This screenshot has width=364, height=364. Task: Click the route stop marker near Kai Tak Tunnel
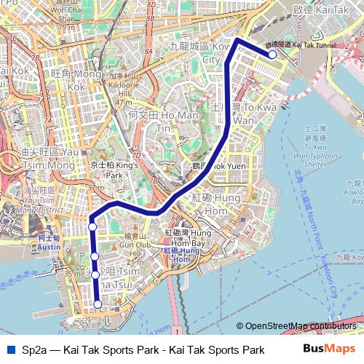tap(272, 54)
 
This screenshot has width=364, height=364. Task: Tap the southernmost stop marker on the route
tap(98, 304)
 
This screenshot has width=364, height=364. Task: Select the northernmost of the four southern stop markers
tap(92, 227)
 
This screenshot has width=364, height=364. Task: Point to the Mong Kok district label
tap(76, 79)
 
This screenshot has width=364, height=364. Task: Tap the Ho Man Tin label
tap(153, 120)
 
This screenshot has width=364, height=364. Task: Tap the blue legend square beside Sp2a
tap(9, 350)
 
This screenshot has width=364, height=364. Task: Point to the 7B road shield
tap(34, 56)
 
